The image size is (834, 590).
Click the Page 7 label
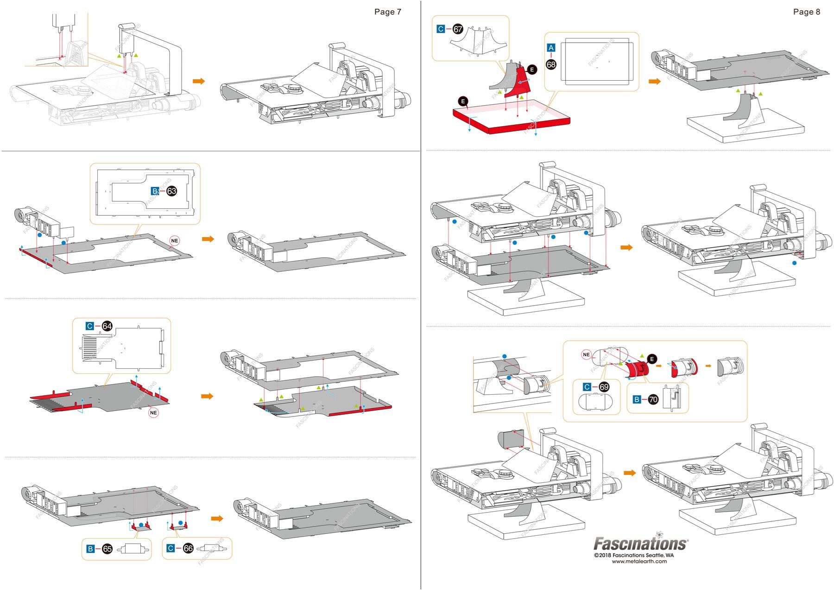point(387,12)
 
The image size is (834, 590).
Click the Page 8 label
point(806,12)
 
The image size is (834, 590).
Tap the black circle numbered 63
point(171,191)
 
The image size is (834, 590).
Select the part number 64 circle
point(107,327)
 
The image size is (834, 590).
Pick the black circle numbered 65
point(107,549)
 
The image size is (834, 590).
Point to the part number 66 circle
point(188,549)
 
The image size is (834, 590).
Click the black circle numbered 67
point(458,29)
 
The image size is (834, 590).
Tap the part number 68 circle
point(551,64)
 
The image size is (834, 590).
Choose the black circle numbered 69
point(604,387)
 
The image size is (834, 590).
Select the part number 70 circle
point(653,399)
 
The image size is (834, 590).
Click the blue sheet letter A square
point(551,48)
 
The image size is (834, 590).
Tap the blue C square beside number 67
point(441,29)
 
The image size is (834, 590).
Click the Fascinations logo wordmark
point(641,544)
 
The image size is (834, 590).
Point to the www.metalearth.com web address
point(639,561)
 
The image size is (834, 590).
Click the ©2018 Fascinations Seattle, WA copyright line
point(633,555)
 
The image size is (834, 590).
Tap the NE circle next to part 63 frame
point(174,241)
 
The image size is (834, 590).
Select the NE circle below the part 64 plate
point(153,412)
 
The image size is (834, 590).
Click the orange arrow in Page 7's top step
point(199,81)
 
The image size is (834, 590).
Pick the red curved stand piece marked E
point(517,81)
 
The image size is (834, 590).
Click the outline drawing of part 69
point(596,402)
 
